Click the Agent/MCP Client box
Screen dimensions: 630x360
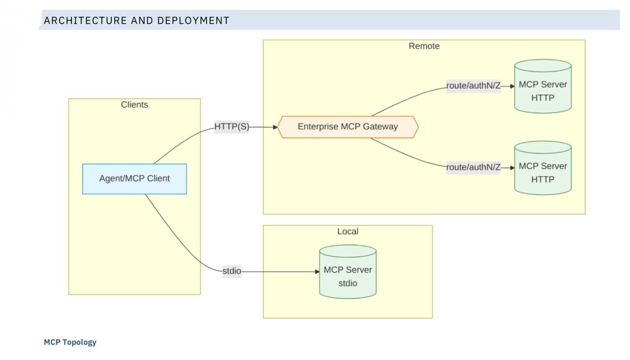(x=134, y=179)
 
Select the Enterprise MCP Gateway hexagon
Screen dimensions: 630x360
(x=347, y=127)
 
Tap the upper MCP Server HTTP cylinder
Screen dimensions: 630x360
(x=543, y=86)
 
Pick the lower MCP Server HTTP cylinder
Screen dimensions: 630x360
(x=543, y=168)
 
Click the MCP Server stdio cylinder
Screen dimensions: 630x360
(x=347, y=272)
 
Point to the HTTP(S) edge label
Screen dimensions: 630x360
(x=232, y=127)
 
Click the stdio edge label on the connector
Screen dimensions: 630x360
(x=232, y=271)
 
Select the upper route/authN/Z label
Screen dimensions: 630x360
(x=473, y=86)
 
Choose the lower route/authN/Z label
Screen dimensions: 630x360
(x=473, y=167)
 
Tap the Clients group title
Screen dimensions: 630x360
(x=134, y=105)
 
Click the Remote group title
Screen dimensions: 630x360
(x=424, y=46)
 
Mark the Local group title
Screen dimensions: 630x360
(x=347, y=231)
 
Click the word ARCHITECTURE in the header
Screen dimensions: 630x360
(x=85, y=21)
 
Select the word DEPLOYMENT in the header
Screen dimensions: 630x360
(x=193, y=21)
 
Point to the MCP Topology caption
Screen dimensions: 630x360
(x=70, y=342)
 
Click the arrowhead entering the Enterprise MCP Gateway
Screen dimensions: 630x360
(x=275, y=127)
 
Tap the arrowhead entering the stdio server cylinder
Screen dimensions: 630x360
(x=317, y=272)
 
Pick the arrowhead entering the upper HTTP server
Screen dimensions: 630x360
(x=512, y=86)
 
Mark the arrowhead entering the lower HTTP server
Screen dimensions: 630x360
(x=512, y=168)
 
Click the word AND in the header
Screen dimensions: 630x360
(x=142, y=21)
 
